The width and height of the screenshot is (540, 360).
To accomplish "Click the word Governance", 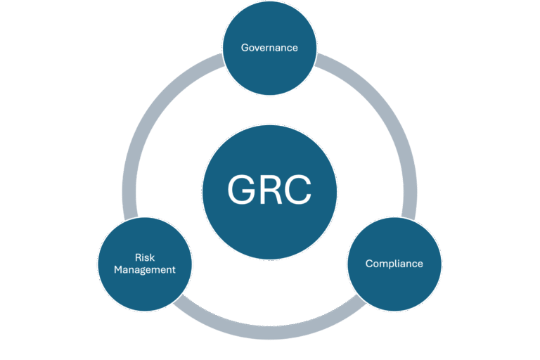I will [x=269, y=48].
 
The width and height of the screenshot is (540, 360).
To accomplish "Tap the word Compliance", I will [x=394, y=264].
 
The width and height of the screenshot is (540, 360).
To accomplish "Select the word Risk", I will [x=145, y=258].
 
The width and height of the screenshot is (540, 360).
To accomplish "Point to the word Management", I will [x=145, y=269].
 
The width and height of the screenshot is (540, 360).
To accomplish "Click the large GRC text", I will [x=269, y=189].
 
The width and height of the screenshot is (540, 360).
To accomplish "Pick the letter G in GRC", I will [x=242, y=189].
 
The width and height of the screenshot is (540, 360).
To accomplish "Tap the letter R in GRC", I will [x=271, y=189].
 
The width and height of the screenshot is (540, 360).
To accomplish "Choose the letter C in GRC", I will [x=297, y=189].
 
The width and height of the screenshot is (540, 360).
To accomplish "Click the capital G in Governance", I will [x=245, y=48].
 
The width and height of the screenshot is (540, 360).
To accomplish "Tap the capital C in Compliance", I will [x=368, y=264].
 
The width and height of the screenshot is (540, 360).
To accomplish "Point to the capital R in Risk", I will [x=138, y=258].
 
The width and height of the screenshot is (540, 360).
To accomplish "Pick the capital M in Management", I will [x=119, y=269].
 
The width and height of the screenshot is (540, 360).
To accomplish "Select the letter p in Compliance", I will [x=390, y=265].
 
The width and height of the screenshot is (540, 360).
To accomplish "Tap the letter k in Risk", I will [x=152, y=258].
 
